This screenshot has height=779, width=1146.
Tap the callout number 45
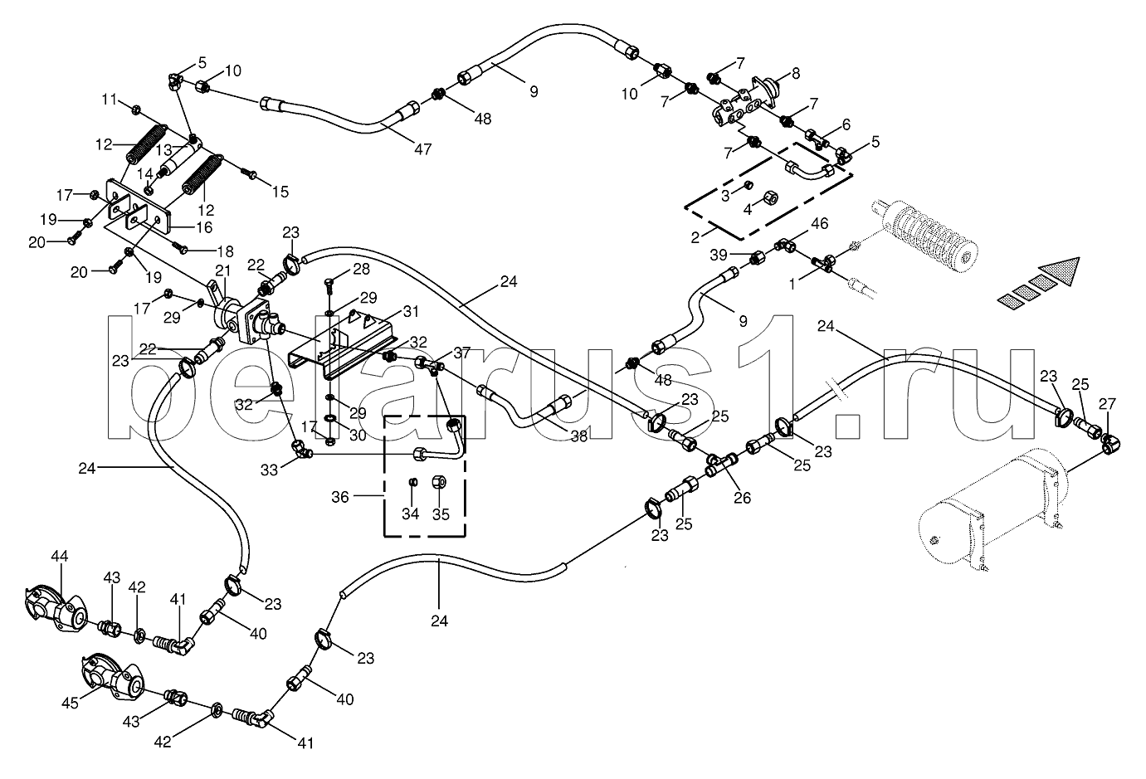tap(71, 703)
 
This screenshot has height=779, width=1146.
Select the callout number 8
tap(795, 74)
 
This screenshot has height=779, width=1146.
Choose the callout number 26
tap(742, 498)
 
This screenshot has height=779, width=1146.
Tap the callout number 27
tap(1107, 404)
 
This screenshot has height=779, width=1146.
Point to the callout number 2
tap(695, 237)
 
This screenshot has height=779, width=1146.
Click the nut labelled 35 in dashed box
tap(441, 482)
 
